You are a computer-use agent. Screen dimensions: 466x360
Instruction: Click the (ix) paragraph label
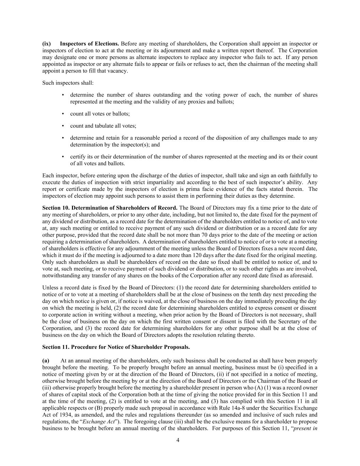coord(46,44)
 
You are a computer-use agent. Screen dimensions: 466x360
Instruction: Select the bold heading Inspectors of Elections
coord(89,44)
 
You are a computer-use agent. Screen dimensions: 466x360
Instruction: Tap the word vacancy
coord(118,71)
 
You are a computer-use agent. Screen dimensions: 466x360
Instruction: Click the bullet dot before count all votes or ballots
coord(63,114)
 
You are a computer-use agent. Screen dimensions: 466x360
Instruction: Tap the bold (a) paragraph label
coord(46,361)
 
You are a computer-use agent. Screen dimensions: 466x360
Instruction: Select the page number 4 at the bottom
coord(178,440)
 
